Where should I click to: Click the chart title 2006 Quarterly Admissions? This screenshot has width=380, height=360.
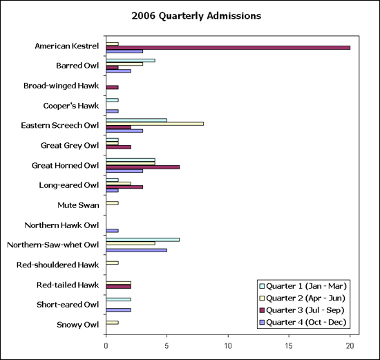[x=196, y=16]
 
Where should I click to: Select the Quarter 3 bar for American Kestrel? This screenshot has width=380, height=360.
[x=228, y=48]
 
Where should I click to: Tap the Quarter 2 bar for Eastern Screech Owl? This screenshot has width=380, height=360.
[x=155, y=124]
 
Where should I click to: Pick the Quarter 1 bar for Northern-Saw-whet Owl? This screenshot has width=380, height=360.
[x=143, y=240]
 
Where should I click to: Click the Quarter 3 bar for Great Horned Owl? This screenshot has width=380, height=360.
[x=143, y=167]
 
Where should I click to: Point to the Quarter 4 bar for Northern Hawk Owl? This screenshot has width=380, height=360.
[x=112, y=231]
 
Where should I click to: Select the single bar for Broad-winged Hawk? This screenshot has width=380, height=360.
[x=112, y=87]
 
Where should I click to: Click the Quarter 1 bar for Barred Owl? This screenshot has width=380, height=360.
[x=131, y=60]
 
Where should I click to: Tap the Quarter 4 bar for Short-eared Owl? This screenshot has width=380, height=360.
[x=119, y=310]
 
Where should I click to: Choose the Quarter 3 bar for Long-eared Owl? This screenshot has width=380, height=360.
[x=124, y=187]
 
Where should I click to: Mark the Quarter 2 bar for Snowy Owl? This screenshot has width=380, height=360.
[x=112, y=323]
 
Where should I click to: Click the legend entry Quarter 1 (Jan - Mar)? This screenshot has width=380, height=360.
[x=303, y=286]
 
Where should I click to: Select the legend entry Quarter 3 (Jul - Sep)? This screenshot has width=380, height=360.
[x=302, y=310]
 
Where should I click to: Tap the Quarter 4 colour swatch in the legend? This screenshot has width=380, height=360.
[x=262, y=323]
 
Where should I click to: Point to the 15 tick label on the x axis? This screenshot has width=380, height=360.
[x=289, y=346]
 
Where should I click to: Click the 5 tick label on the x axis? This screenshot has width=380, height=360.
[x=167, y=346]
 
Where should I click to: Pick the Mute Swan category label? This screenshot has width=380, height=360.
[x=78, y=205]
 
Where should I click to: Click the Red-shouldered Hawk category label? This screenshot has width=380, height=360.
[x=57, y=265]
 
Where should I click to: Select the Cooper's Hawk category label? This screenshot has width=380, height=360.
[x=71, y=106]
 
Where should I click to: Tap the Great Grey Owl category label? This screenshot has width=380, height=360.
[x=70, y=146]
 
